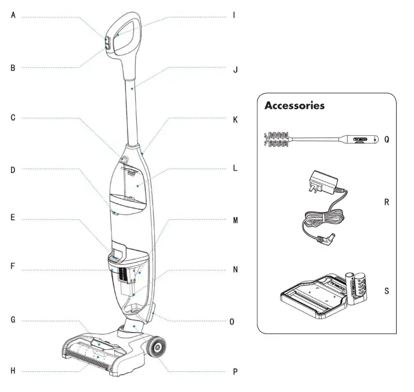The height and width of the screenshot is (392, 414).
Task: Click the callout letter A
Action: (13, 16)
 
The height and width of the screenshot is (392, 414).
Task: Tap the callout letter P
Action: (235, 372)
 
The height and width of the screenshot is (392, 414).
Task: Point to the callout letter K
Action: (235, 120)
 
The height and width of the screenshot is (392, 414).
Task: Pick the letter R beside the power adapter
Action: (386, 203)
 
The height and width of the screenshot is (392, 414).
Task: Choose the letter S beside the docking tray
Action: (386, 291)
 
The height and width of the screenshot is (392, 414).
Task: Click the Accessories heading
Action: (303, 106)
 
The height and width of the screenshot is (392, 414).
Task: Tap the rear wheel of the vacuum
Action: (156, 348)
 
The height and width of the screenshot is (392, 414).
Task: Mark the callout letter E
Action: (13, 220)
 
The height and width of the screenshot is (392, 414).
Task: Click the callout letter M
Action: (235, 220)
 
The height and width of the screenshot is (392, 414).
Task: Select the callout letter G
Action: (13, 320)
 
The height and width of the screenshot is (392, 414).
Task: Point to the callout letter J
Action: (235, 70)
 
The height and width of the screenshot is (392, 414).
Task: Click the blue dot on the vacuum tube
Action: (133, 89)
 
